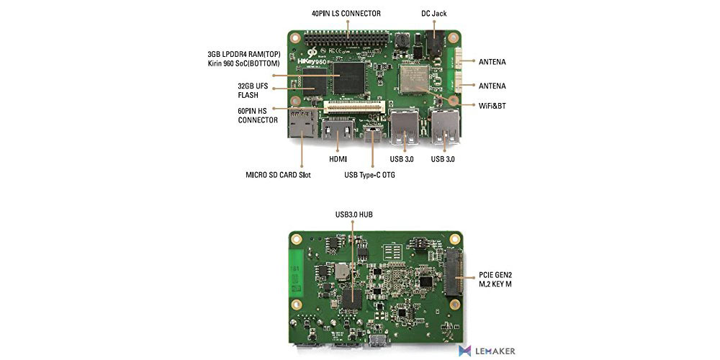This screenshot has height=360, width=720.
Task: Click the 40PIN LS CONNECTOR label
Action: click(346, 13)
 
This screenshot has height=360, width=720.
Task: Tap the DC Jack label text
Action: click(433, 14)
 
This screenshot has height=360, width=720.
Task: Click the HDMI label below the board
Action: click(338, 159)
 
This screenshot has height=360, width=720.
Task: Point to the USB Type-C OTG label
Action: click(369, 175)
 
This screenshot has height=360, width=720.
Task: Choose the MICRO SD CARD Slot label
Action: click(278, 175)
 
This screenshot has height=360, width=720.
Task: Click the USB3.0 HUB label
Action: click(354, 214)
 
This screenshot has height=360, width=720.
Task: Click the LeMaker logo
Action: click(487, 351)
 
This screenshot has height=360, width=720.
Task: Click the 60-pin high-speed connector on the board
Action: click(354, 108)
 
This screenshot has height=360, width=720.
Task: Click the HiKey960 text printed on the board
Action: click(318, 61)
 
